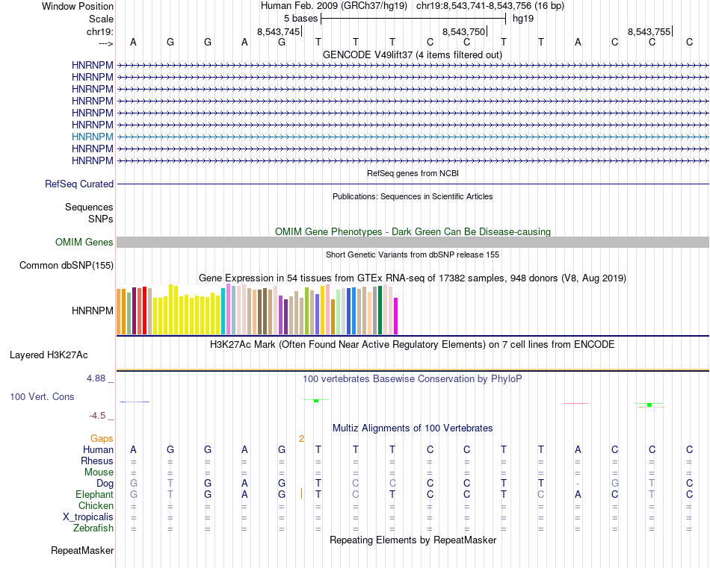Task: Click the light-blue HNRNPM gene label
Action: click(93, 137)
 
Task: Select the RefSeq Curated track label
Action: click(79, 184)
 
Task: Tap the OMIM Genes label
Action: click(84, 242)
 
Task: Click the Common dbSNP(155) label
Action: click(67, 265)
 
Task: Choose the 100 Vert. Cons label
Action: click(42, 396)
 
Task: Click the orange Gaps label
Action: click(102, 438)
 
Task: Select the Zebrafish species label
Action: click(94, 528)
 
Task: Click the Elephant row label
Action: click(94, 494)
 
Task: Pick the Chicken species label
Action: click(96, 506)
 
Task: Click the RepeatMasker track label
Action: click(82, 551)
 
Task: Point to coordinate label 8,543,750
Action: click(464, 31)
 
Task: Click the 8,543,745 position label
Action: click(278, 31)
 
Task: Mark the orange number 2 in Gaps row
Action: click(301, 438)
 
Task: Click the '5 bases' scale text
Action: click(300, 18)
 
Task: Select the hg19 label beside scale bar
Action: click(522, 18)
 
